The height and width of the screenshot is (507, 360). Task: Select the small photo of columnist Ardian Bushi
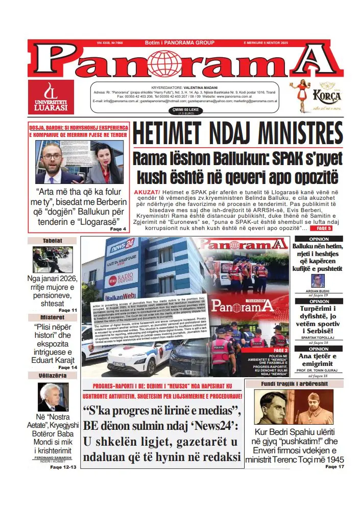[318, 280]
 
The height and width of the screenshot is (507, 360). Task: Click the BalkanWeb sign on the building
[122, 296]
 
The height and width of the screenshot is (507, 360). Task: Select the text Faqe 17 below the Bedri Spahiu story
[334, 467]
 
